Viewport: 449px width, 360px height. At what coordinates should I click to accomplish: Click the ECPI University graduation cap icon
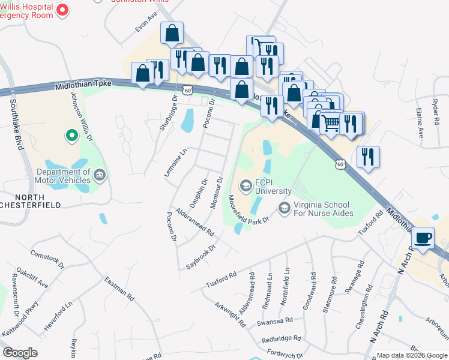tap(245, 187)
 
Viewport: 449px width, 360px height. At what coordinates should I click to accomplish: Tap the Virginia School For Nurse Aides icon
tap(284, 208)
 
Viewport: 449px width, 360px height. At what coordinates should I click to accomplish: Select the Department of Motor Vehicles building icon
tap(100, 176)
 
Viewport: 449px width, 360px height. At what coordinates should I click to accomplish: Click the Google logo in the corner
tap(20, 353)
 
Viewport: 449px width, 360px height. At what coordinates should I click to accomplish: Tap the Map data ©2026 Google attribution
tap(412, 355)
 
